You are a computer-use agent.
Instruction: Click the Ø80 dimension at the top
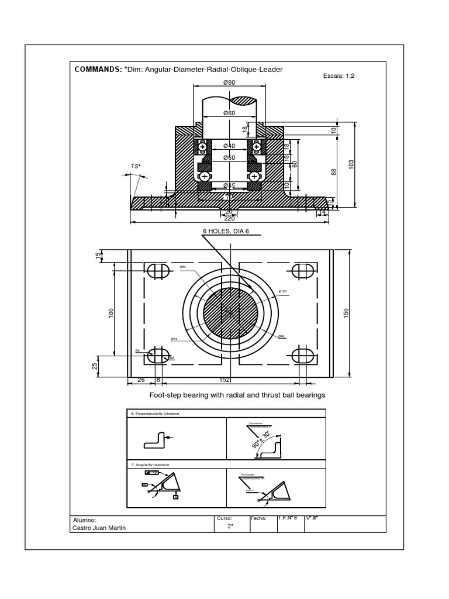[x=229, y=82]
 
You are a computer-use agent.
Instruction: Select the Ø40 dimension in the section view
[x=229, y=146]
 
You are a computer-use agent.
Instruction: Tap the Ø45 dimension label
[x=229, y=185]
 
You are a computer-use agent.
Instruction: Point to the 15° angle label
[x=135, y=166]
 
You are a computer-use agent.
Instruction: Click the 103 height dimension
[x=351, y=165]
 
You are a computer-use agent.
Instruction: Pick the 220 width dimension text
[x=229, y=218]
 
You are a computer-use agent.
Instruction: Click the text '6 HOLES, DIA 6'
[x=226, y=231]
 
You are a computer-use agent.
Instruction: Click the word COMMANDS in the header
[x=96, y=69]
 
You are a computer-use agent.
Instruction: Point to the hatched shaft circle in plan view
[x=230, y=313]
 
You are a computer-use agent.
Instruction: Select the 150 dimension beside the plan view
[x=346, y=314]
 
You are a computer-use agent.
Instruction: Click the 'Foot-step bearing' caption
[x=236, y=395]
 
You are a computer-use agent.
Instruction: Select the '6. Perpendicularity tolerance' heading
[x=156, y=414]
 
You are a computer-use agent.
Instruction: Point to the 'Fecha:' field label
[x=258, y=518]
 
